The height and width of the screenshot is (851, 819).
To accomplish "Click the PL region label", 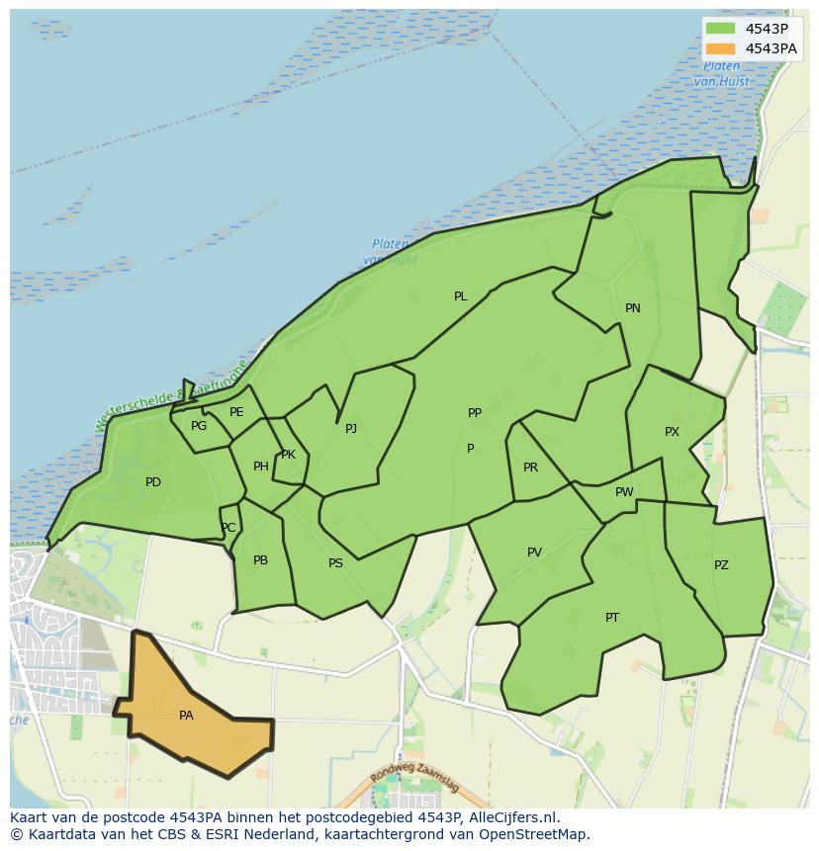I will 461,297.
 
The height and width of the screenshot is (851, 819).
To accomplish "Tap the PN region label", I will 633,308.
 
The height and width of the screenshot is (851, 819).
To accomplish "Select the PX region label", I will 673,432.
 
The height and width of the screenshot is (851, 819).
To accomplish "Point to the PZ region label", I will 721,565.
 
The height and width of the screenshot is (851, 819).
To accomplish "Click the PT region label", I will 612,618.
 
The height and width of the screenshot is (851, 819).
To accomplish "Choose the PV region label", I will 534,553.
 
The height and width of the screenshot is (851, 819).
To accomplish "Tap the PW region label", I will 624,492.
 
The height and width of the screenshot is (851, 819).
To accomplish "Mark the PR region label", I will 531,468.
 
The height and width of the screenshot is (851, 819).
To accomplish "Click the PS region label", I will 335,563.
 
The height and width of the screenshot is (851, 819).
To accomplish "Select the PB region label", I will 260,560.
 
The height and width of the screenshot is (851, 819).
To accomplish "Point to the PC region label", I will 228,528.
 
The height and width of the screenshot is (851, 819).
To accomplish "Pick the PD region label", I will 153,482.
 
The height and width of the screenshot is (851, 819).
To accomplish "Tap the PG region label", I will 199,426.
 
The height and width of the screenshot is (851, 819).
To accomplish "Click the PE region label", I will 236,412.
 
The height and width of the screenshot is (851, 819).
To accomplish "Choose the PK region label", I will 288,455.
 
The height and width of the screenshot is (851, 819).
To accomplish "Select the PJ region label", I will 351,429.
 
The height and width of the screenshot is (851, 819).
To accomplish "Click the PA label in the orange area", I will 186,716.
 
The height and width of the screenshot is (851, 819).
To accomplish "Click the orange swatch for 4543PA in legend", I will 721,48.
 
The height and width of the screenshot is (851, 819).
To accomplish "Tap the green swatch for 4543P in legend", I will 721,28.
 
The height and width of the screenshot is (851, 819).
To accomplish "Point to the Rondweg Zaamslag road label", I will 415,781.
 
